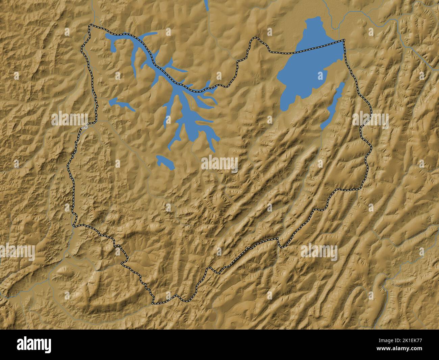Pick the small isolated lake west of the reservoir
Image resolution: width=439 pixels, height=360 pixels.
pos(122,104)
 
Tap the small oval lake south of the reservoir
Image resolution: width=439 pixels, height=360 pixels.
pos(165,162)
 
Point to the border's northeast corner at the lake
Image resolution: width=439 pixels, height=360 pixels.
pos(344,41)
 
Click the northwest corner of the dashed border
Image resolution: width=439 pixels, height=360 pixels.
pos(90,26)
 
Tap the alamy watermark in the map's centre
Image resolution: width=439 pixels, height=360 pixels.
pos(219,164)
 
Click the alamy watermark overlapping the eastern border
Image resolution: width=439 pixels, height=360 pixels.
pos(370,119)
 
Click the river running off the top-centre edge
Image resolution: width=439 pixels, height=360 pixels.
pos(206,5)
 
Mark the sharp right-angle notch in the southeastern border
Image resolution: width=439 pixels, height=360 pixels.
pos(279,239)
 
